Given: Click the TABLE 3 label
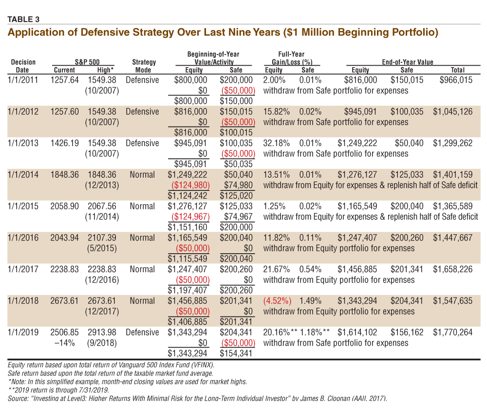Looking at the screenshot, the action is point(23,19).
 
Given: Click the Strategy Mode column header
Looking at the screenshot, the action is point(144,66).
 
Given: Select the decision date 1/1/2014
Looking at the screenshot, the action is point(23,175).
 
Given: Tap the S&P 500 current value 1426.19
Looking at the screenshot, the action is point(65,143).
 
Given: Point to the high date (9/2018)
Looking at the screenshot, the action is point(102,343).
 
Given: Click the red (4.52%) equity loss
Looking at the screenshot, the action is point(278,301).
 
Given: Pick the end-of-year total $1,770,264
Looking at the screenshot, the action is point(453,333).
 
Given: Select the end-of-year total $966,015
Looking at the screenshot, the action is point(456,80).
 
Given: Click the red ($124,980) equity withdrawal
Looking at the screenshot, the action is point(190,185).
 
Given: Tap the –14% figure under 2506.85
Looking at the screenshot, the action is point(65,343).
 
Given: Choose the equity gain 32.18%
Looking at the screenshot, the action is point(277,143).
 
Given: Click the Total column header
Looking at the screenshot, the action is point(457,70).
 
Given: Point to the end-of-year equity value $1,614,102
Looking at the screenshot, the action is point(357,333).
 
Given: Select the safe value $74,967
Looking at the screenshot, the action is point(238,217).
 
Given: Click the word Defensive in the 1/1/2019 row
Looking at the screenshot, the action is point(142,333).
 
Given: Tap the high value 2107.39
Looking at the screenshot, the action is point(102,238).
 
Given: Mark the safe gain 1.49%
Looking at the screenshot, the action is point(310,301).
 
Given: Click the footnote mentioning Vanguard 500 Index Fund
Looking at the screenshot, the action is point(111,365).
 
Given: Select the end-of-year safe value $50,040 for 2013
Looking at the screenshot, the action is point(409,143).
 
